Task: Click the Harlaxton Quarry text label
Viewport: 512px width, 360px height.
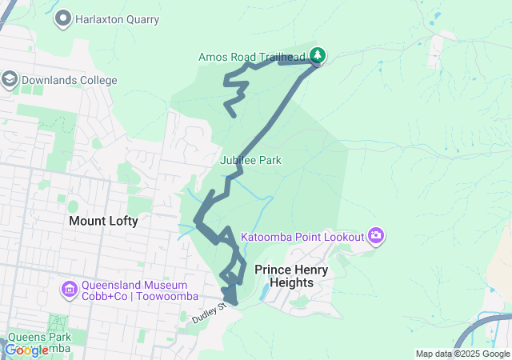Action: click(x=117, y=19)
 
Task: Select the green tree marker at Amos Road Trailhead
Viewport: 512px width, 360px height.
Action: click(x=318, y=54)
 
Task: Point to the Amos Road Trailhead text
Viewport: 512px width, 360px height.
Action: click(x=252, y=57)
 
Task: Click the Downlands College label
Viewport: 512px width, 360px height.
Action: click(x=70, y=80)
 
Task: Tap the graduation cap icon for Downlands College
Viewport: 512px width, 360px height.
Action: click(x=10, y=79)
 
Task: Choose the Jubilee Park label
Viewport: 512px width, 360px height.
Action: click(x=250, y=160)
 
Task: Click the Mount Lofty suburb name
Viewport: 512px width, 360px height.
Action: click(x=103, y=221)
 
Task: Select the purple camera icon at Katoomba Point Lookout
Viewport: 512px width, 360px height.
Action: click(x=376, y=235)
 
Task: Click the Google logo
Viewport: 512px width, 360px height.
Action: click(x=26, y=350)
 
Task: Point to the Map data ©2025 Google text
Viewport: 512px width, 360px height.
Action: click(x=462, y=354)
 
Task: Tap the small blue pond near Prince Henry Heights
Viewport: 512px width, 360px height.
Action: click(x=264, y=294)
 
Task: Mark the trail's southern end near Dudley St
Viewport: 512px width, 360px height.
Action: click(x=231, y=302)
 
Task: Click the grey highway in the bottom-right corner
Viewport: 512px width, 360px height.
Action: click(x=488, y=322)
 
